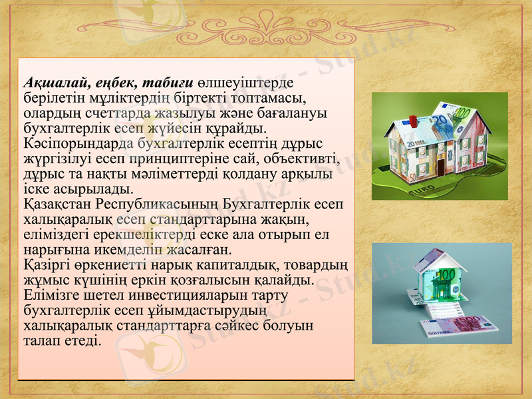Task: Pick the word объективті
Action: [x=302, y=159]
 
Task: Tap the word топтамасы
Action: [x=264, y=98]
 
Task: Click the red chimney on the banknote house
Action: [x=412, y=122]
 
